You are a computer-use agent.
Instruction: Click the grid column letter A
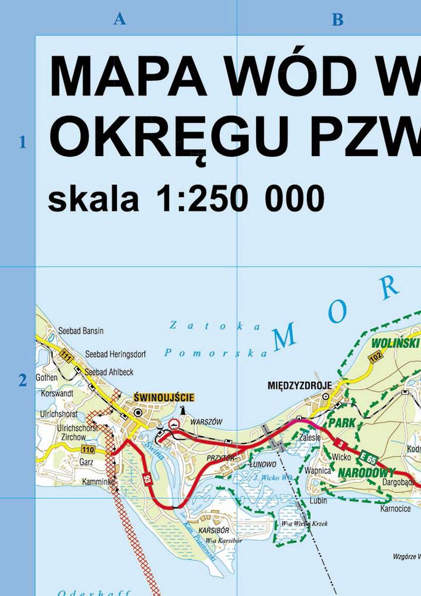pos(119,19)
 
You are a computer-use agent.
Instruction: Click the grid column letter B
pos(337,19)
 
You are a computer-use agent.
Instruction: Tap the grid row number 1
pos(23,142)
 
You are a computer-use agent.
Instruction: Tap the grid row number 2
pos(23,381)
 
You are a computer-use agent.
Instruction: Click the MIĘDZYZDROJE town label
pos(299,385)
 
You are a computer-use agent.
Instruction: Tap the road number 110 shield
pos(88,449)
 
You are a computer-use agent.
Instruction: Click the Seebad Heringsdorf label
pos(115,354)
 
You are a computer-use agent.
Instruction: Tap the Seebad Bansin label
pos(81,331)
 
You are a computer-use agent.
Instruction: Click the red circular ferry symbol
pos(173,424)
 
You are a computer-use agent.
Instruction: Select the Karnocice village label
pos(395,509)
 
